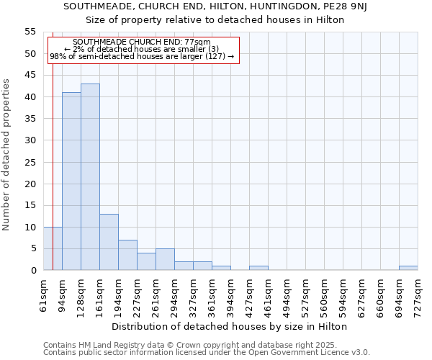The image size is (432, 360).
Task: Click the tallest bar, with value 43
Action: coord(90,177)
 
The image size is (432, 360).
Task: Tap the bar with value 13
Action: coord(109,242)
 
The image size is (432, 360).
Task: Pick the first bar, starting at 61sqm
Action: coord(53,248)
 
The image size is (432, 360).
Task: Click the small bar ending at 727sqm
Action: coord(408,268)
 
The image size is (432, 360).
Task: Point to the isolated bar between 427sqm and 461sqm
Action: coord(258,268)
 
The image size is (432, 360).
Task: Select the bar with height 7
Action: coord(127,255)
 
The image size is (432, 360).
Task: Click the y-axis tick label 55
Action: coord(30,32)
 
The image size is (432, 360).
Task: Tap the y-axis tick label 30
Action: coord(30,140)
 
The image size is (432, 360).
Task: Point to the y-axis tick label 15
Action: coord(30,205)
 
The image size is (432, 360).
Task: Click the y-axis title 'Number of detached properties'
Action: coord(6,155)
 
